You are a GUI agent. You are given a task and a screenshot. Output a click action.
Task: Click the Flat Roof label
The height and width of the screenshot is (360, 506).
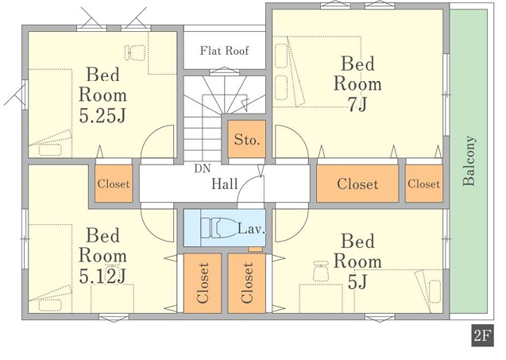point(224,51)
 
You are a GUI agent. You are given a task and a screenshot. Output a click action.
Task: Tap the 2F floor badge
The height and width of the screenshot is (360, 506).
point(482,336)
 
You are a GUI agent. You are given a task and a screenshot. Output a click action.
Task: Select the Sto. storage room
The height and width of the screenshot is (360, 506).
point(246,139)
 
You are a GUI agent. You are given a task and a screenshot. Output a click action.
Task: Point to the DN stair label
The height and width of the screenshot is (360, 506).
point(203,168)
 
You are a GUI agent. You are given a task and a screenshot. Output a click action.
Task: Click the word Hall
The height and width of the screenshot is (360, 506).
point(225,184)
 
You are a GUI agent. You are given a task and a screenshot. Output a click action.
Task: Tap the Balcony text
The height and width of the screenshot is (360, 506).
point(469,161)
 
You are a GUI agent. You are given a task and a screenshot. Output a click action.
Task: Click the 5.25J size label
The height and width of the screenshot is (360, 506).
point(102,116)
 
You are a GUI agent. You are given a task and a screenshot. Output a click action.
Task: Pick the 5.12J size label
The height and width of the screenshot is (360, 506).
point(102,277)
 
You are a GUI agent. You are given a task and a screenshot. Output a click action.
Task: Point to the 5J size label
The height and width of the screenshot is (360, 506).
point(357,282)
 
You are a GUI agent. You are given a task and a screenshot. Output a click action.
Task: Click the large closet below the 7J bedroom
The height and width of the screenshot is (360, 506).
point(357,184)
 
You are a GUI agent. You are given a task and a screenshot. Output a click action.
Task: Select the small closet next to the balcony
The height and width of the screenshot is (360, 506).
point(423,184)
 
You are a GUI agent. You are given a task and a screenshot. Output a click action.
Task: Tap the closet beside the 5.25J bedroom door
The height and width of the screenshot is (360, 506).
point(114,184)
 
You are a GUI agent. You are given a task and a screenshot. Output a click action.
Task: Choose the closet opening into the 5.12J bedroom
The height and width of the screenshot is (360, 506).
point(203,283)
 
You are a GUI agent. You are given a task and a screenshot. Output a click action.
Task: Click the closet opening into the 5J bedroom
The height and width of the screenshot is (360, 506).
point(247,283)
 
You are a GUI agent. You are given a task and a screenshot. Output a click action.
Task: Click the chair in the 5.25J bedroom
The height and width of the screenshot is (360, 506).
point(135,52)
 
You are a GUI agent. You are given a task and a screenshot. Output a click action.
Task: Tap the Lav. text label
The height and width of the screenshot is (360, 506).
point(251,229)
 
